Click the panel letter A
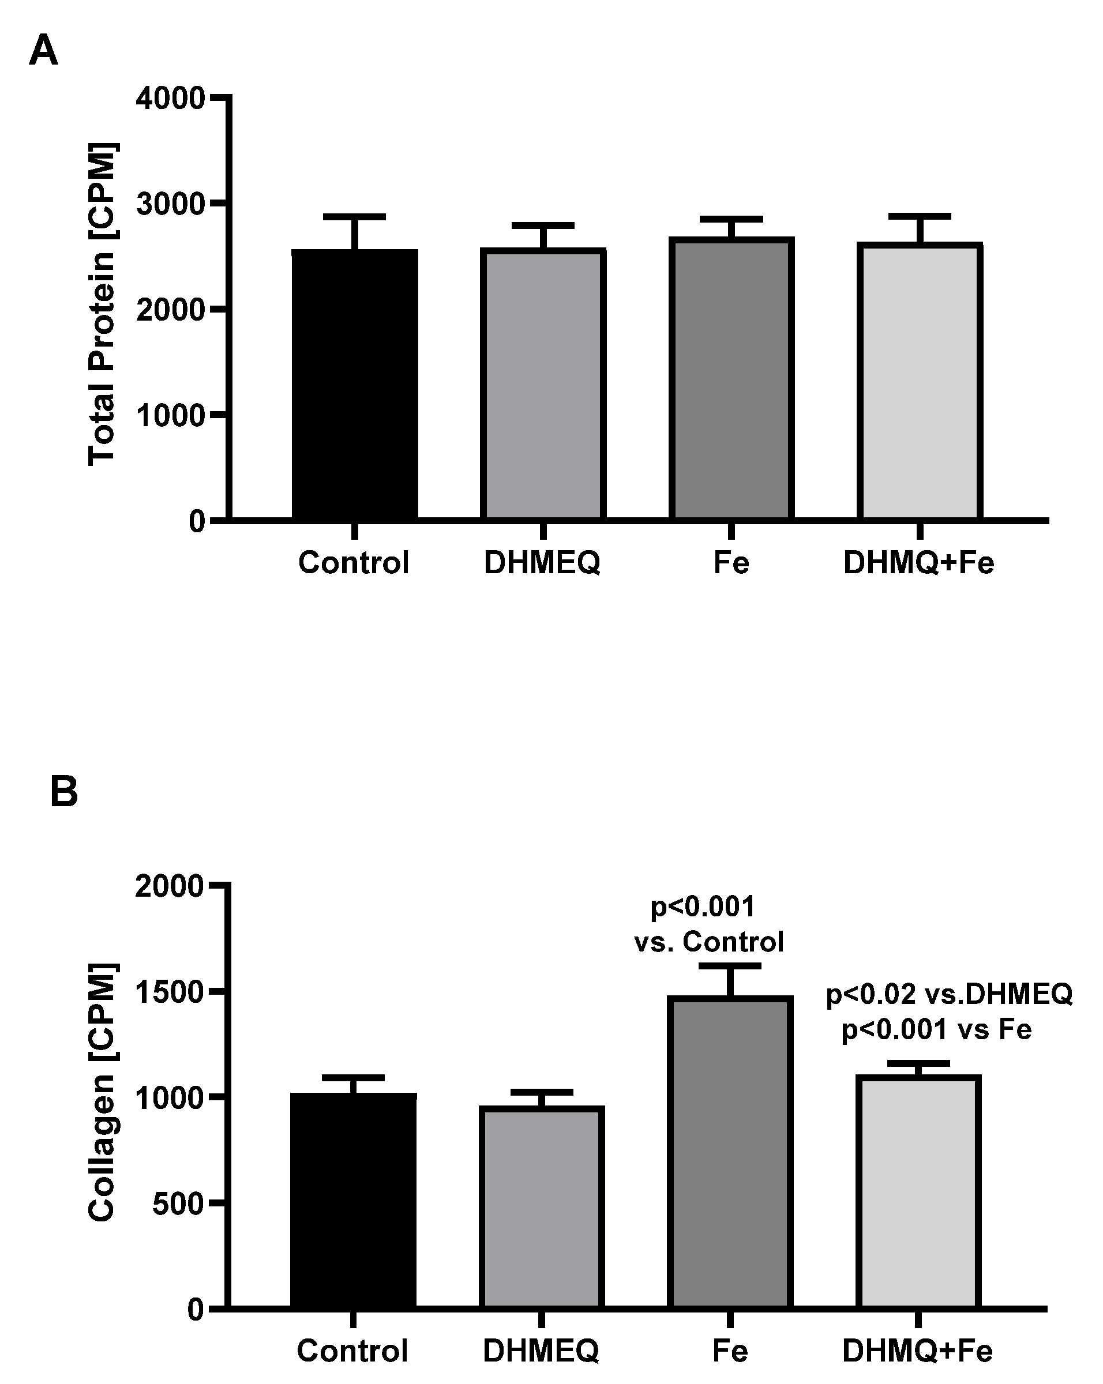point(44,51)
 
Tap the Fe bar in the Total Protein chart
point(731,379)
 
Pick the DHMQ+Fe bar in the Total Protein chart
point(920,381)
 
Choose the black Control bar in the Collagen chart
point(353,1201)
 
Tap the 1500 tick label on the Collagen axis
point(169,992)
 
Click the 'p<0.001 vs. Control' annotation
point(709,924)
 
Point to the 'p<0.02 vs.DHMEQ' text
point(948,994)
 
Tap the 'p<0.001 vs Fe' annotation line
point(936,1029)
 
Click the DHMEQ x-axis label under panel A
point(542,563)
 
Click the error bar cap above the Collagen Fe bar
point(730,966)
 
